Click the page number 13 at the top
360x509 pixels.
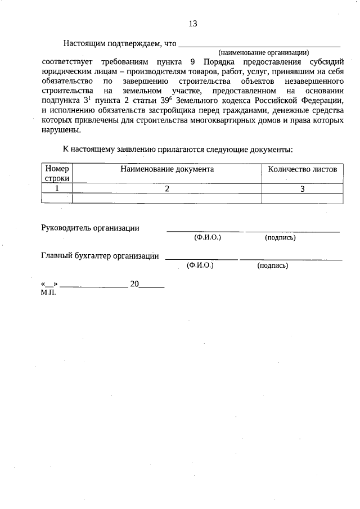click(193, 24)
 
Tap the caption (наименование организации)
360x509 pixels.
click(264, 52)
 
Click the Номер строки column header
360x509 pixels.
click(57, 173)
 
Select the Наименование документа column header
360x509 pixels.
click(166, 169)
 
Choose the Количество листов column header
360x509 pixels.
click(302, 169)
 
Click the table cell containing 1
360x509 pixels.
click(57, 188)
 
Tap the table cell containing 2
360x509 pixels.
click(167, 188)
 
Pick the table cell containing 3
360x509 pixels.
click(302, 188)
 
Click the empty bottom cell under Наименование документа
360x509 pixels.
click(167, 198)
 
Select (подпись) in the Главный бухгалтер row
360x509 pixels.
click(272, 265)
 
